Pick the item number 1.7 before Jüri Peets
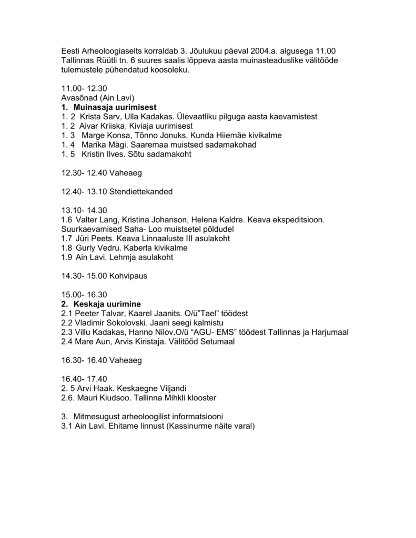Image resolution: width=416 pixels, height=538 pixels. click(66, 238)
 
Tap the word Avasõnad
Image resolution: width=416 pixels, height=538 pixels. click(78, 98)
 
